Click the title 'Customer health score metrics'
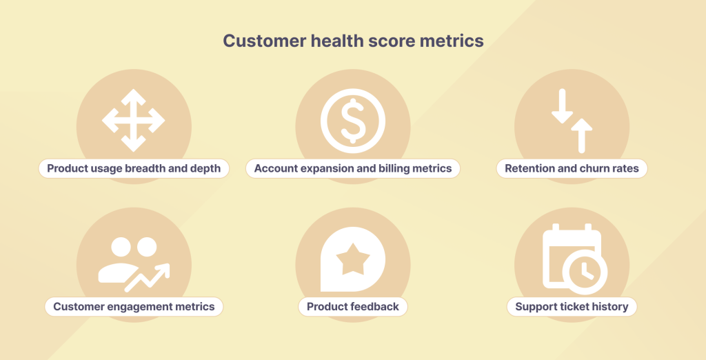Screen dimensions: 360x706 353,41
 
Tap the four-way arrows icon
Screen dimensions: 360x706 133,121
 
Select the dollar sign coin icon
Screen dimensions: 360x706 353,121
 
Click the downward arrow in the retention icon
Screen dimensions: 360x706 562,107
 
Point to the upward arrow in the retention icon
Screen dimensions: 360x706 582,134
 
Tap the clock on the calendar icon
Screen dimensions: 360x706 585,272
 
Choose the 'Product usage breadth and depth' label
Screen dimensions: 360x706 134,168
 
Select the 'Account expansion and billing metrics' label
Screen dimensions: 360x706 353,168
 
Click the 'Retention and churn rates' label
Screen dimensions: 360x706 572,168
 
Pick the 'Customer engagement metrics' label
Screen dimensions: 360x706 134,306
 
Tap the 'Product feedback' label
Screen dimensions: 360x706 353,306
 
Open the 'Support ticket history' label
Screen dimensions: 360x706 572,306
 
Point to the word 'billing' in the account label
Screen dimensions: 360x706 396,168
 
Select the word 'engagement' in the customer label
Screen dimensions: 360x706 137,306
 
